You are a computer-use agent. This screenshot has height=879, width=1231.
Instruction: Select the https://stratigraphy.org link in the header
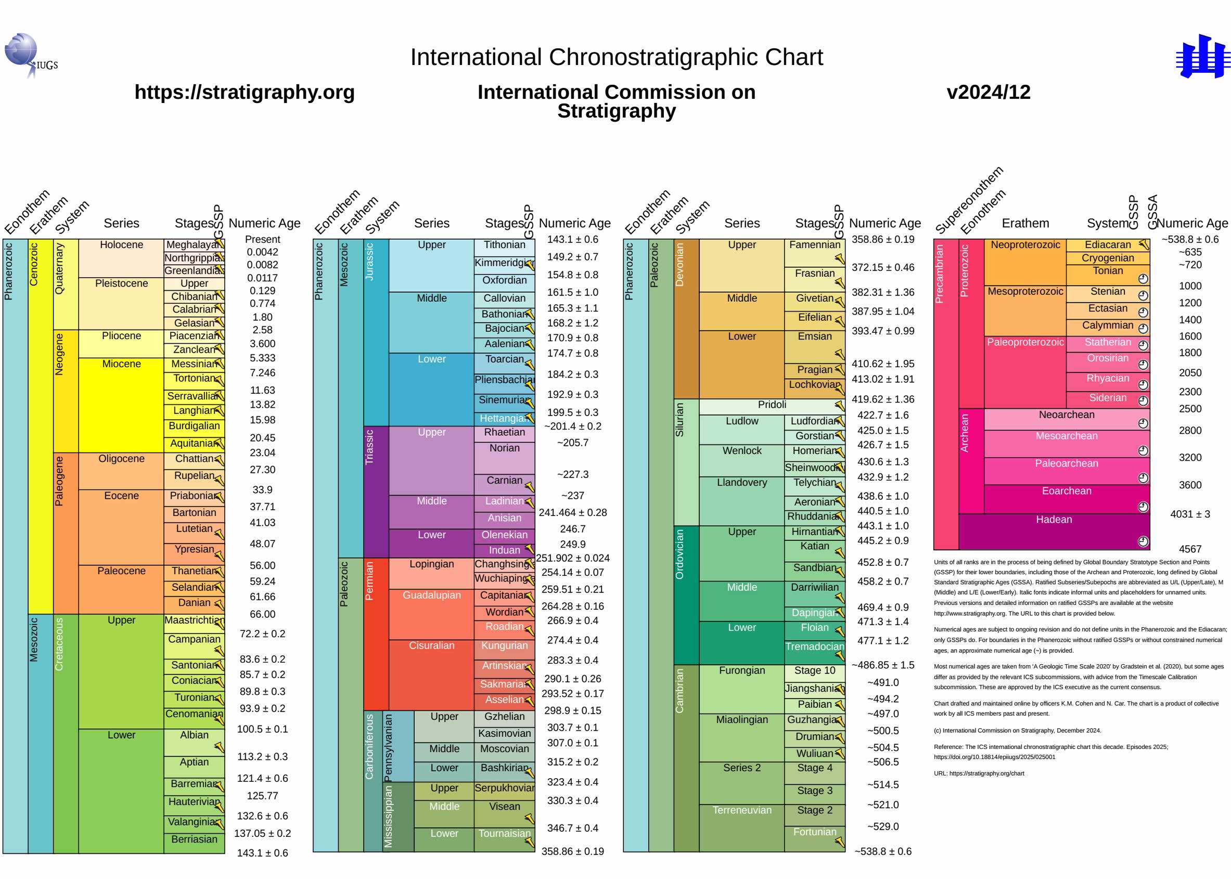point(244,92)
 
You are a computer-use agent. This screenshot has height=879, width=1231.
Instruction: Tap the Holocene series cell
point(121,257)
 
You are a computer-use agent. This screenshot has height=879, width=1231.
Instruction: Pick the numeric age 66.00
point(263,614)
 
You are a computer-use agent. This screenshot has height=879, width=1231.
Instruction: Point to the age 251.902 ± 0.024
point(572,558)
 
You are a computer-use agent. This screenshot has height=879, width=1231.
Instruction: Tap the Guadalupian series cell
point(431,613)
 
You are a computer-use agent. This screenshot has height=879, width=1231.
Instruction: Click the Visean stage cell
point(504,810)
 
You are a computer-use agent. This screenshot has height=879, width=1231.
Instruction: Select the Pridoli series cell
point(772,405)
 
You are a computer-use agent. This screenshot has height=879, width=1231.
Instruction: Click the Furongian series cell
point(741,688)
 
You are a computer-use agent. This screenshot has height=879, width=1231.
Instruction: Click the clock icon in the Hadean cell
point(1142,541)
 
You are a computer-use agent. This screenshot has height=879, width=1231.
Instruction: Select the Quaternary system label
point(59,269)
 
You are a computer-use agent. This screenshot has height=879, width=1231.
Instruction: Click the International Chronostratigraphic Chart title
point(616,57)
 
